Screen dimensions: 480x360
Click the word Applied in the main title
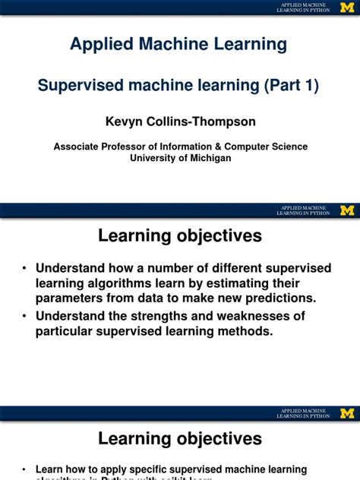click(99, 44)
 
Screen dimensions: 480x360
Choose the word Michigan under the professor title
click(207, 158)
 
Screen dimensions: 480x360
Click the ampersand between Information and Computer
click(226, 147)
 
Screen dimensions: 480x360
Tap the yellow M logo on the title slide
click(347, 7)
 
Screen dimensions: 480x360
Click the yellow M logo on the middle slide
click(347, 210)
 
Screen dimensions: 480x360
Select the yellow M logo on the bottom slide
click(347, 413)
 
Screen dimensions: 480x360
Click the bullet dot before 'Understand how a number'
click(25, 268)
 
